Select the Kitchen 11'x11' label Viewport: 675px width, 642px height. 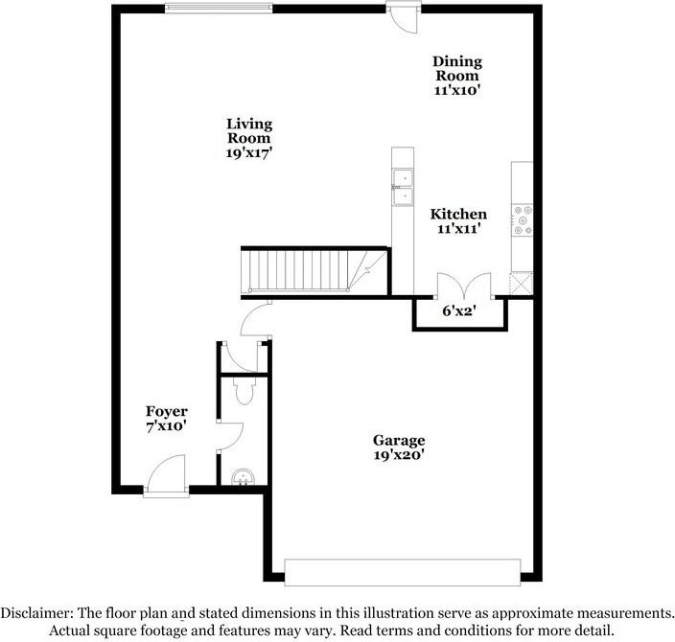458,220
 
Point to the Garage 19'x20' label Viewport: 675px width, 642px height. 399,447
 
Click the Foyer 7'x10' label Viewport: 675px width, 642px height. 167,419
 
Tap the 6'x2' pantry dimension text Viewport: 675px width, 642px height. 459,310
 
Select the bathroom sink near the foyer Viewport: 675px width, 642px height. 243,477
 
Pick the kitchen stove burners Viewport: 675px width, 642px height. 523,220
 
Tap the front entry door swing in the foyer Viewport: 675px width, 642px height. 166,472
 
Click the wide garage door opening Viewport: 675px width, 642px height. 403,572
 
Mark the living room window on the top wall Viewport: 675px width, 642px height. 219,8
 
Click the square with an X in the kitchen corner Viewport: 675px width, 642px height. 522,283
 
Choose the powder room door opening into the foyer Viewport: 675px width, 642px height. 231,437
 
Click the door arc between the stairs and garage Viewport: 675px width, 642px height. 256,319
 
